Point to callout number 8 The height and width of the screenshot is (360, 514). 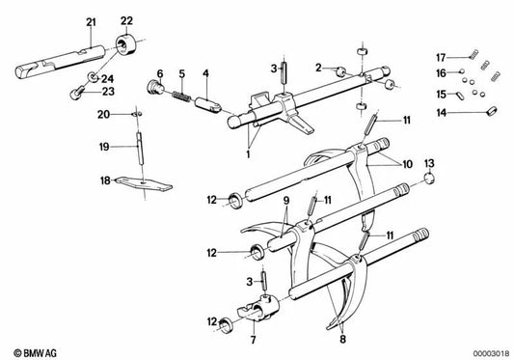pyautogui.click(x=342, y=339)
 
